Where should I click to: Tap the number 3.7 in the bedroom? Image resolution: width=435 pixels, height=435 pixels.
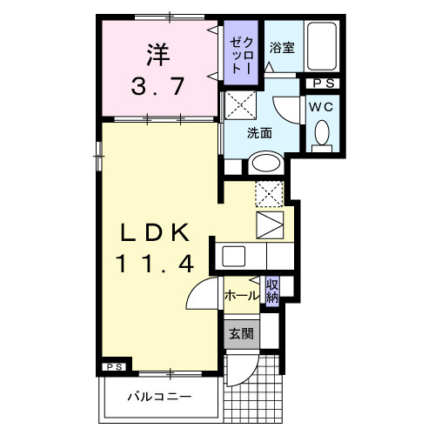click(157, 85)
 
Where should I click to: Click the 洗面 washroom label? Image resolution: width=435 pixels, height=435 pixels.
click(259, 134)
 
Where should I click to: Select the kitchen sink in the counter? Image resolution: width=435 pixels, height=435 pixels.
click(234, 256)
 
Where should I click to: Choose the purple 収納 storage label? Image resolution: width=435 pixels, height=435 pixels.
click(272, 291)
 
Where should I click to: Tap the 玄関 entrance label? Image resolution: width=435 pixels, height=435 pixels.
click(241, 333)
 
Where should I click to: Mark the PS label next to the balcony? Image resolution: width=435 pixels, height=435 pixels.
click(114, 367)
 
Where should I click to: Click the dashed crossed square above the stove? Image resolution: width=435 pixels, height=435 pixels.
click(271, 191)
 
